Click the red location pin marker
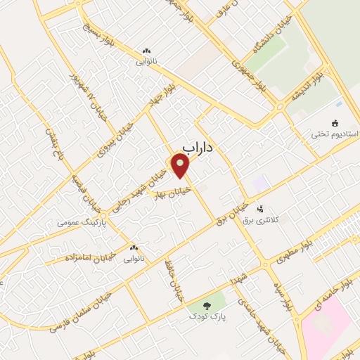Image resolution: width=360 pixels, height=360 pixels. (181, 166)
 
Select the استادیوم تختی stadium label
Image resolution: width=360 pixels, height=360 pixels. (337, 134)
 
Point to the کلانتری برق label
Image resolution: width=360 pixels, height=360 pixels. (260, 220)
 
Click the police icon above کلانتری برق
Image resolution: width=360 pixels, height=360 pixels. (260, 209)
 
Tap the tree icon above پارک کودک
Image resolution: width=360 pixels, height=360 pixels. (207, 305)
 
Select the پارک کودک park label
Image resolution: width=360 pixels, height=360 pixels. (208, 317)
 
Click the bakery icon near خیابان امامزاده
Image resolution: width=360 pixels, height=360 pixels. (134, 247)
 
